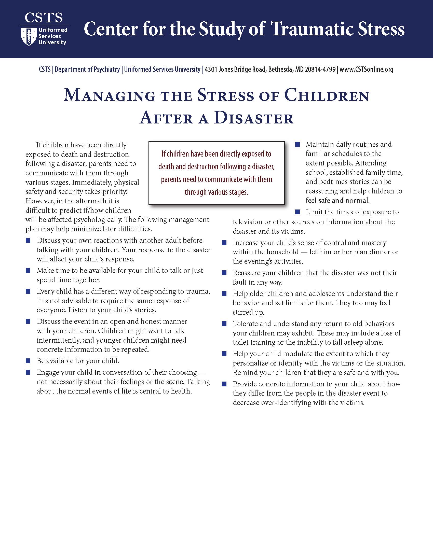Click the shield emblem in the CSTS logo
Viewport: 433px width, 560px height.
29,36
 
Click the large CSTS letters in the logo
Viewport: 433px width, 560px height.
44,18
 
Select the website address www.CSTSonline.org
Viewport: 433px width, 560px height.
366,69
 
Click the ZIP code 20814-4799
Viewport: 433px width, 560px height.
320,69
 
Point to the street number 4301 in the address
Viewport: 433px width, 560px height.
211,69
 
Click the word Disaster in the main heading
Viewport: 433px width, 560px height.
254,118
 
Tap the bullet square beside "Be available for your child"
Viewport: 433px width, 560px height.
28,361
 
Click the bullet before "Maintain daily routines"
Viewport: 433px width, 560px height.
297,145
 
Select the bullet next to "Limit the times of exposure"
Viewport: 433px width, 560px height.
297,212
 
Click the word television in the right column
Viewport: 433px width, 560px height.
247,222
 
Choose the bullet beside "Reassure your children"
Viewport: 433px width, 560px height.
224,273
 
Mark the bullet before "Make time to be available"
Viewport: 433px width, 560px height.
28,271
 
